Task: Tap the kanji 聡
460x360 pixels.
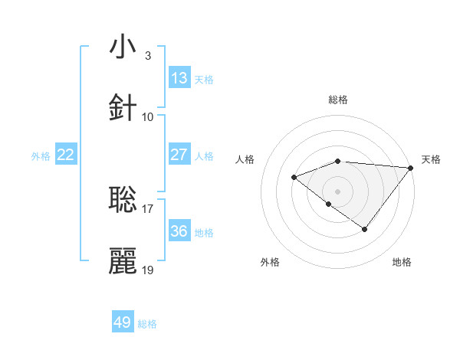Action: point(123,200)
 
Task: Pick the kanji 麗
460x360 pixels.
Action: point(123,260)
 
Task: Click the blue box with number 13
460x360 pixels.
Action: point(179,78)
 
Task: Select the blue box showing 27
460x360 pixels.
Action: point(179,155)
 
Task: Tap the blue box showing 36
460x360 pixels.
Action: point(179,231)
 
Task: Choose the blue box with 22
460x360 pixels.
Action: point(66,155)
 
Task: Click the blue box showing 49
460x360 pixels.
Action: point(123,322)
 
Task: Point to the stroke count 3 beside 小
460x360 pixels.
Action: point(147,56)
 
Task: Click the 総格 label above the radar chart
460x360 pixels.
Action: point(338,100)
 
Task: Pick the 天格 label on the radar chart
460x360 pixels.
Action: point(431,159)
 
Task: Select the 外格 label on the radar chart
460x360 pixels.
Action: point(270,262)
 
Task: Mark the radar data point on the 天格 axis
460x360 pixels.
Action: point(412,168)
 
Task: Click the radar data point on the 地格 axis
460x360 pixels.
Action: point(365,229)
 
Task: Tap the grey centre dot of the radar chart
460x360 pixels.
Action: point(338,191)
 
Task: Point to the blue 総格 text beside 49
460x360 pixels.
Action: point(147,324)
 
